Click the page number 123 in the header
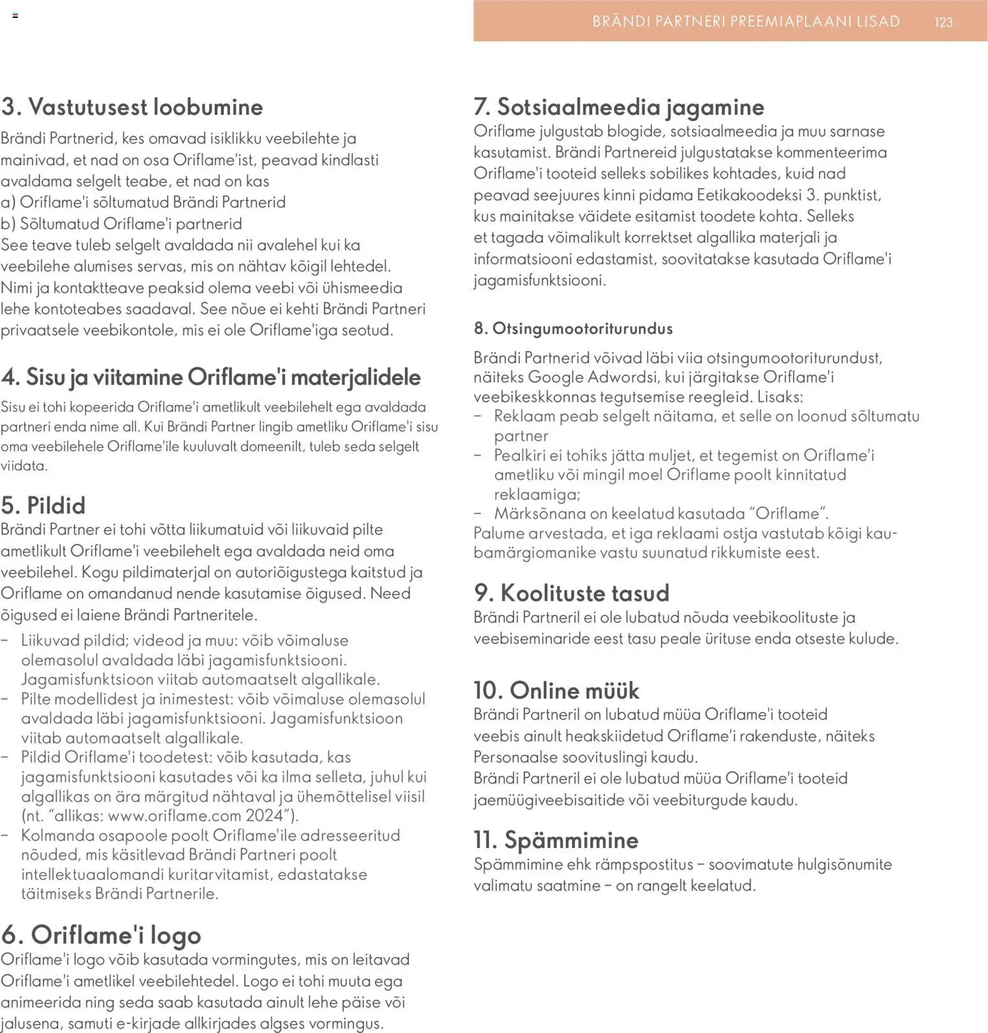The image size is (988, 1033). tap(943, 22)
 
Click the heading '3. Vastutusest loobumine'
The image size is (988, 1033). tap(132, 106)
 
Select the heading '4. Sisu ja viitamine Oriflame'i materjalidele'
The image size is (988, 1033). tap(210, 377)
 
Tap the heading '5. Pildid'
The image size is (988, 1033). tap(43, 505)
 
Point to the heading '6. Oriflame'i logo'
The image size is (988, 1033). tap(101, 935)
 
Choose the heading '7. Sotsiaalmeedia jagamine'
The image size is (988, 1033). tap(618, 106)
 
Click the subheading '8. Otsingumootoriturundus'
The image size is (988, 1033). tap(573, 328)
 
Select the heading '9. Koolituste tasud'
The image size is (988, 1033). tap(571, 593)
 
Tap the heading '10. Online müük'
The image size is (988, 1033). tap(556, 690)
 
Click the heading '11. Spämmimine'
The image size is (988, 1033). tap(555, 840)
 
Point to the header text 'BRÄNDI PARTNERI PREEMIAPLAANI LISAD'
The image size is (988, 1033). tap(746, 22)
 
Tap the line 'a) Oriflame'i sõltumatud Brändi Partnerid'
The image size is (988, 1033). tap(143, 202)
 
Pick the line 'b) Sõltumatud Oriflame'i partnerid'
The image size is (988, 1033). tap(121, 224)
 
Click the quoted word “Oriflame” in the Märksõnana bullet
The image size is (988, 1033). tap(788, 513)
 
